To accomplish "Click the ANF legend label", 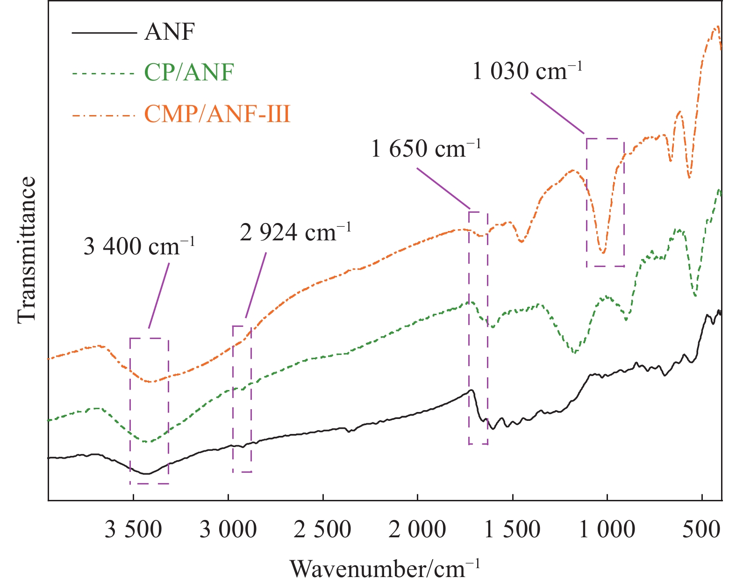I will pyautogui.click(x=169, y=32).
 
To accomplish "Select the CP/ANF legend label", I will pyautogui.click(x=189, y=72).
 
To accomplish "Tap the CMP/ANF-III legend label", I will pyautogui.click(x=217, y=114).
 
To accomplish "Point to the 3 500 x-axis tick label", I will pyautogui.click(x=133, y=530).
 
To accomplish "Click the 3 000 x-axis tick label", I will pyautogui.click(x=228, y=530).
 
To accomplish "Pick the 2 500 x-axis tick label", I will pyautogui.click(x=322, y=530).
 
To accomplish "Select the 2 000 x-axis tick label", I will pyautogui.click(x=417, y=530).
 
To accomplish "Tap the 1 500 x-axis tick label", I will pyautogui.click(x=512, y=530).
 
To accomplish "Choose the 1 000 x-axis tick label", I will pyautogui.click(x=607, y=530).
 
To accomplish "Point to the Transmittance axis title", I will pyautogui.click(x=27, y=250).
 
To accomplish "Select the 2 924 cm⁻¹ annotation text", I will pyautogui.click(x=295, y=232).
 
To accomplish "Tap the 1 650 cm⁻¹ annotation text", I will pyautogui.click(x=426, y=149).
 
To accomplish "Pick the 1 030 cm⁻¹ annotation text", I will pyautogui.click(x=528, y=72).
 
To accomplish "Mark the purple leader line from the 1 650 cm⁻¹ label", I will pyautogui.click(x=443, y=188).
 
